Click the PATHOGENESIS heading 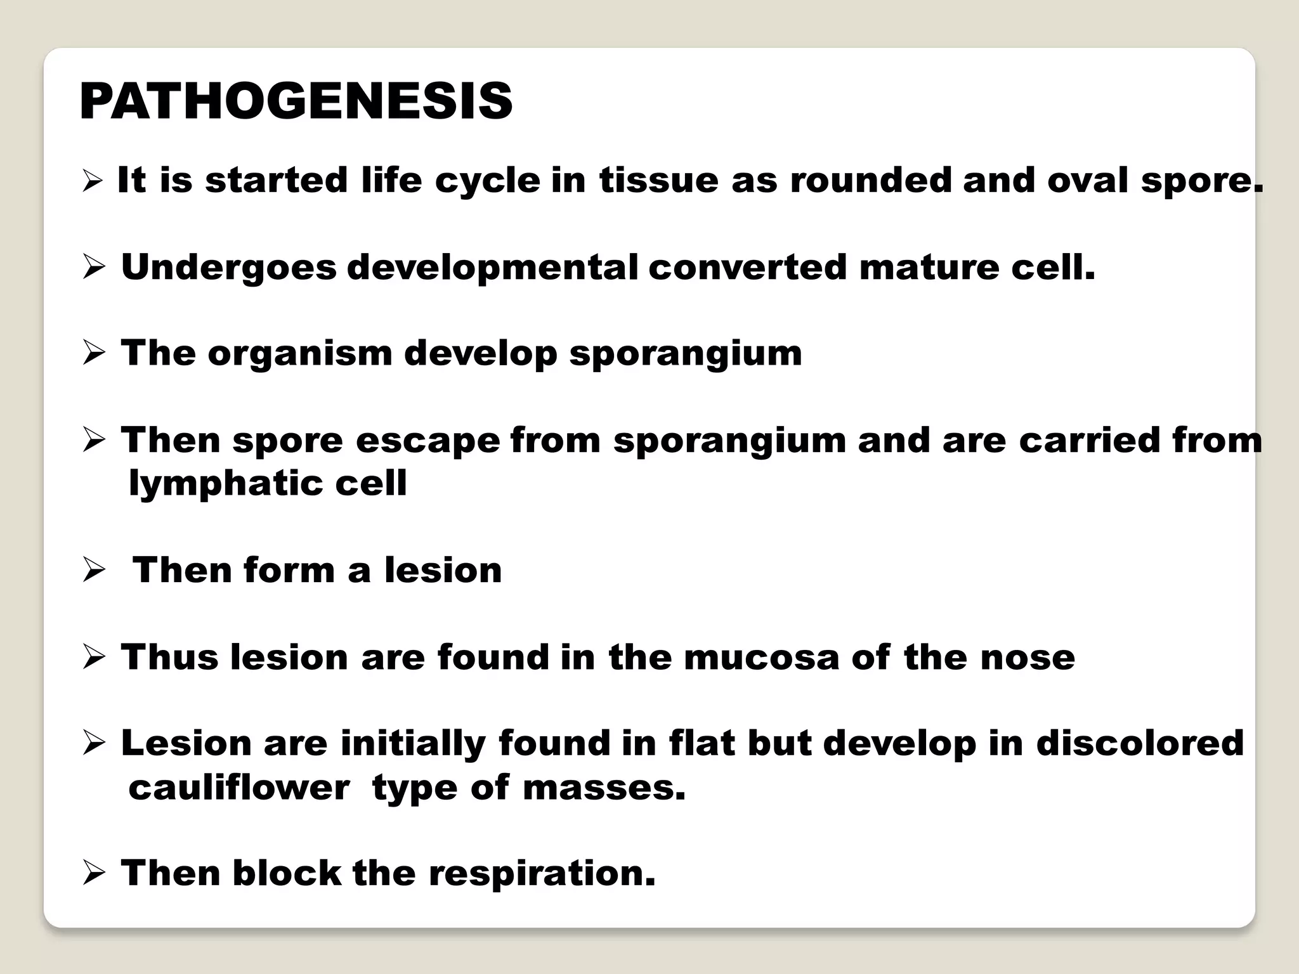(x=296, y=102)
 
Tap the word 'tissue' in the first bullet (x=658, y=181)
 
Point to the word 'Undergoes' (x=228, y=268)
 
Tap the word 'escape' (x=428, y=441)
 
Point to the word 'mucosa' (x=761, y=658)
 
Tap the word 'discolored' (x=1140, y=744)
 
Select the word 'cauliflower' (x=239, y=788)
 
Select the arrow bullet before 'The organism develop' (x=93, y=354)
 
